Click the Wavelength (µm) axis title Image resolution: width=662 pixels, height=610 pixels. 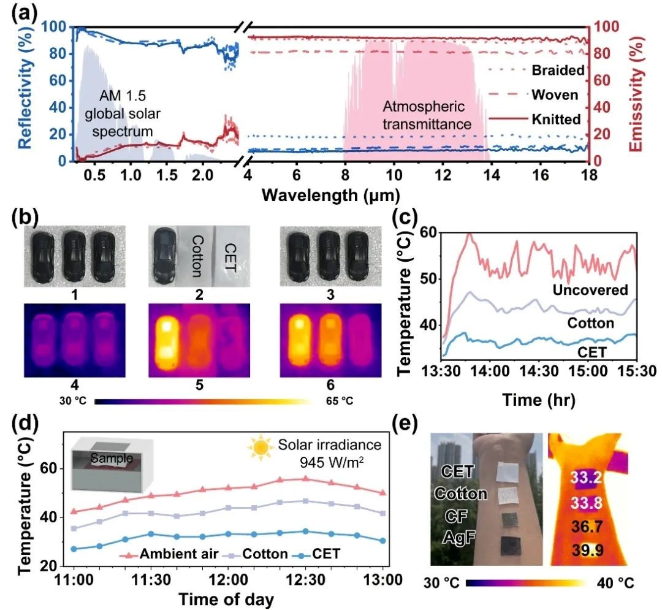331,196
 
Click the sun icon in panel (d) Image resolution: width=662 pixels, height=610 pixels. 259,448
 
